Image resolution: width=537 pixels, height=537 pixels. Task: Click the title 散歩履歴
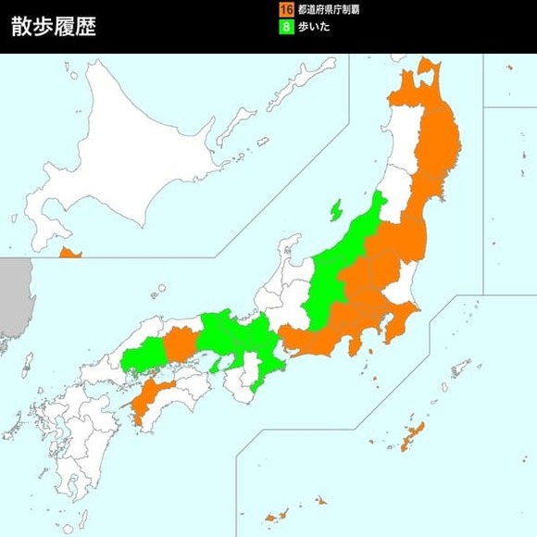tap(54, 27)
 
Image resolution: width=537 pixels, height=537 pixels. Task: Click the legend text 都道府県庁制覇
tap(329, 9)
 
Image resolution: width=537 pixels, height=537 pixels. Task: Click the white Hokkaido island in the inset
tap(130, 148)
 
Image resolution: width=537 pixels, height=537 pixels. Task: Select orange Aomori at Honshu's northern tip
tap(412, 88)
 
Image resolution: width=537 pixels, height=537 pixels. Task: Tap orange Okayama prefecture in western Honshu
tap(180, 344)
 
